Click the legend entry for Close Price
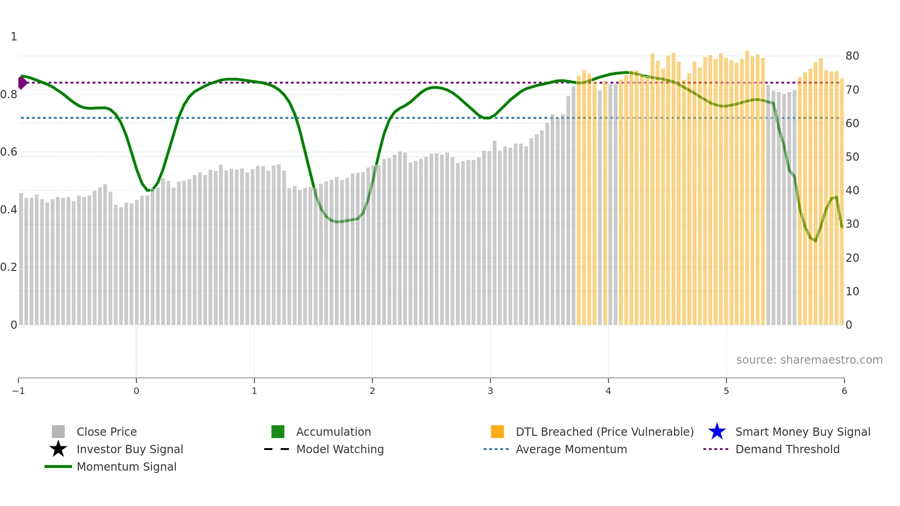[106, 432]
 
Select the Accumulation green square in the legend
[278, 432]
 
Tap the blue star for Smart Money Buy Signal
[717, 432]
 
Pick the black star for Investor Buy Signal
[58, 449]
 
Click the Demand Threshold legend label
[787, 449]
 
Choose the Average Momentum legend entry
[571, 449]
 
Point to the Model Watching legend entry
[339, 449]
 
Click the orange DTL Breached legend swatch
[497, 432]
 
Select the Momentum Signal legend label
[126, 467]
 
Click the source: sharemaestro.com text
[809, 360]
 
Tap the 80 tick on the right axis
[852, 56]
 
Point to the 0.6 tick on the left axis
[8, 152]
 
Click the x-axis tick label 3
[490, 391]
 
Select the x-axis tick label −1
[18, 391]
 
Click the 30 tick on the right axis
[852, 224]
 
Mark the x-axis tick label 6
[844, 391]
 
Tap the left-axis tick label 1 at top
[14, 37]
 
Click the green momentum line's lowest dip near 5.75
[815, 240]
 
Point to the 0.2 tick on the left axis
[8, 267]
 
